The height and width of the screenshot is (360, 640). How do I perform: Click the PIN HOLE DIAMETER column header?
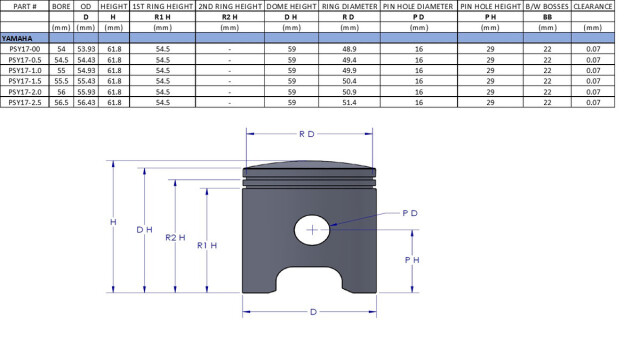pos(418,7)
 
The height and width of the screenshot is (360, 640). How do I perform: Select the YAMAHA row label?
pos(17,38)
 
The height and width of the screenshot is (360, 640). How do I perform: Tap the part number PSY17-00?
pos(24,49)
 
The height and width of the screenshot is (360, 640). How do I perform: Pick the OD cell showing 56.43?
pos(86,102)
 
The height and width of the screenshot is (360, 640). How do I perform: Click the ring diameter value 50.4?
pos(349,81)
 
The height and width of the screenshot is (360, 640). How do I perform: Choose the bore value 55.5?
pos(61,81)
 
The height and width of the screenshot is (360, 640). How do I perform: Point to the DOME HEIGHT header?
pos(291,7)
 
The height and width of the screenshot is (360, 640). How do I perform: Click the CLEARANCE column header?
pos(593,7)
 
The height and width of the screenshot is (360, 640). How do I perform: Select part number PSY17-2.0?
pos(24,92)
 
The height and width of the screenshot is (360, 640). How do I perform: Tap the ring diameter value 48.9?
pos(349,49)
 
